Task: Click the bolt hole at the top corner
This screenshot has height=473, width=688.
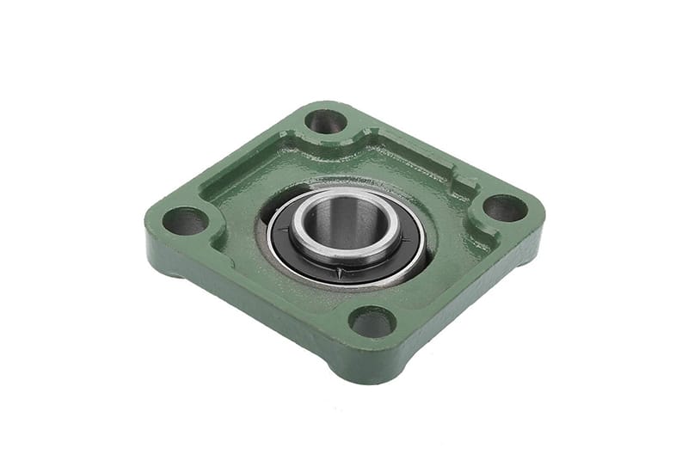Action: [326, 120]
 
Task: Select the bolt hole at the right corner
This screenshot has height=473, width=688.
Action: [504, 207]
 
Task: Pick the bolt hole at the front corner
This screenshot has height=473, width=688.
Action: [372, 322]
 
